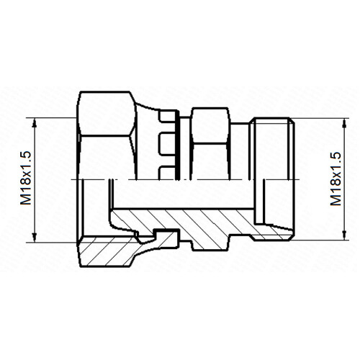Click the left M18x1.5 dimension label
pyautogui.click(x=26, y=178)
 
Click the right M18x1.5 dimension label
pyautogui.click(x=336, y=179)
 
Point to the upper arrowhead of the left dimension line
pyautogui.click(x=35, y=123)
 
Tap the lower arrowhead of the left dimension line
pyautogui.click(x=35, y=237)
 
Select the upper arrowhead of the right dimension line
pyautogui.click(x=345, y=124)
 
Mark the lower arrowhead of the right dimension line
pyautogui.click(x=345, y=235)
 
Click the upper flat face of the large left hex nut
pyautogui.click(x=107, y=114)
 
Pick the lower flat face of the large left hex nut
pyautogui.click(x=106, y=158)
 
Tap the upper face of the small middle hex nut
pyautogui.click(x=210, y=126)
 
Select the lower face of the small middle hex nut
pyautogui.click(x=210, y=162)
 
